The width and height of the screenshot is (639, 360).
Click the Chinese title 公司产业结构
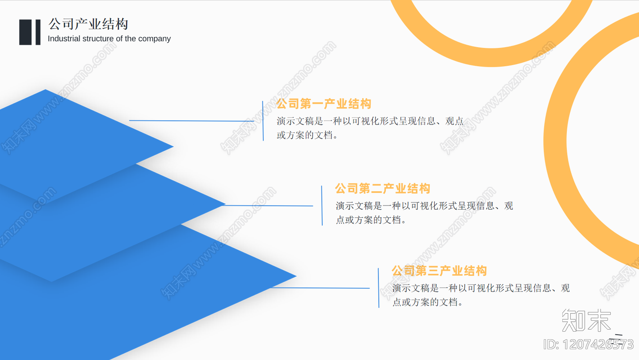[x=88, y=24]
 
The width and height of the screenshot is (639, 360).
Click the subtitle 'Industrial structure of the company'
[x=109, y=39]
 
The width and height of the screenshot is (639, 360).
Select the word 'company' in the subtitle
[x=154, y=39]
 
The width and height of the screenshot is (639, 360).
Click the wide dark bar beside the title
[x=25, y=32]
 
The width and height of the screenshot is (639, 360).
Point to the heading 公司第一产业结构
[x=323, y=104]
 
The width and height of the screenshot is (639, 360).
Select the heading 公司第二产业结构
[x=382, y=188]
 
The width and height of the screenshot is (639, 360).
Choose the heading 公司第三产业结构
[x=439, y=271]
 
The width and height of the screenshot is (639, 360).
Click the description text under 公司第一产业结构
[x=370, y=128]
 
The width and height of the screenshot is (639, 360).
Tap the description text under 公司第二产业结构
[x=424, y=212]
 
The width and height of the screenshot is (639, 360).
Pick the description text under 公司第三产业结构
[x=481, y=295]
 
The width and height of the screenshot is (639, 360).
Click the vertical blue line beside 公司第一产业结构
[x=263, y=121]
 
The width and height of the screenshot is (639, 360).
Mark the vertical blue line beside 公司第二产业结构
[x=322, y=206]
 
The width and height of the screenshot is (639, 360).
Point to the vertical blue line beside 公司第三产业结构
[x=379, y=288]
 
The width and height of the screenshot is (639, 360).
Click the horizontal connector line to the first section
[x=192, y=121]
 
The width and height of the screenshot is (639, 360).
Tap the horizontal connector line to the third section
[x=319, y=288]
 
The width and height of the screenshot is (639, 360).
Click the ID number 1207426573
[x=588, y=344]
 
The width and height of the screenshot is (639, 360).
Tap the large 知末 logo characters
[x=586, y=320]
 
